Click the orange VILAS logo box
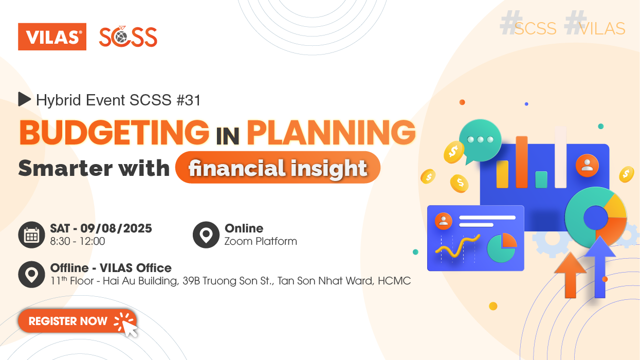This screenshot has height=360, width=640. (x=52, y=37)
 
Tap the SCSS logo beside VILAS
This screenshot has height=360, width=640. (x=128, y=37)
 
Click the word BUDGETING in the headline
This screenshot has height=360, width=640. (x=114, y=132)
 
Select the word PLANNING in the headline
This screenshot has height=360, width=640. (x=331, y=132)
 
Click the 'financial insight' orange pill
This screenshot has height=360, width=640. (x=278, y=168)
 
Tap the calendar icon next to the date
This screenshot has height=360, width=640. (x=31, y=235)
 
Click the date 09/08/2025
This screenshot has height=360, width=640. (x=116, y=228)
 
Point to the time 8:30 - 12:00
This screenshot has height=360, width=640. (x=78, y=241)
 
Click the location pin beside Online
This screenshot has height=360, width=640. (x=206, y=235)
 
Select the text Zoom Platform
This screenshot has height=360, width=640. (x=261, y=241)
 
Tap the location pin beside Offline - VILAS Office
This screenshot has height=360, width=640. (x=31, y=274)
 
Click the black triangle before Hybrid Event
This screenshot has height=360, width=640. (x=24, y=99)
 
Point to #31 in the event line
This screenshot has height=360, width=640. (x=189, y=100)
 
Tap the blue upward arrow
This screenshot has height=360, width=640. (x=600, y=267)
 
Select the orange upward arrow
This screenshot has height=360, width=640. (x=570, y=275)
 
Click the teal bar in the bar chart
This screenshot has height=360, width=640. (x=541, y=179)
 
